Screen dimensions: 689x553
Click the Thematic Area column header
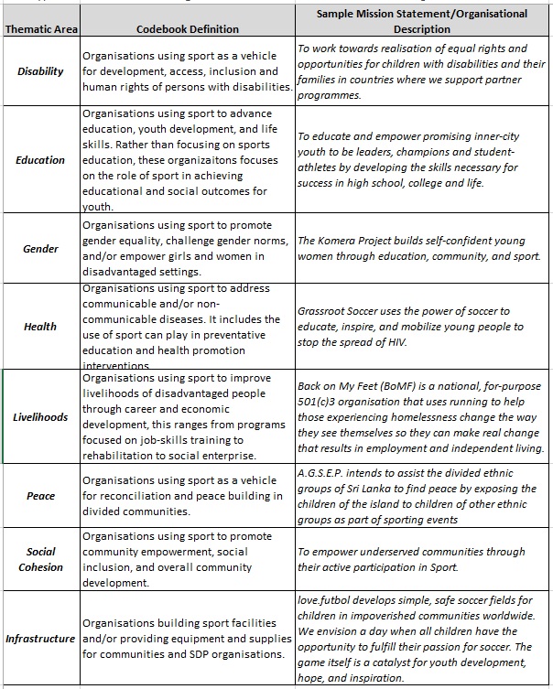[x=40, y=29]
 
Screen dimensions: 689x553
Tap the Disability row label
[x=40, y=71]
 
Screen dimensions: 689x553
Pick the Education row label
[x=40, y=160]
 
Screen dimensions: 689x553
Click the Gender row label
[x=40, y=249]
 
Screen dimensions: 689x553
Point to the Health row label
[x=40, y=326]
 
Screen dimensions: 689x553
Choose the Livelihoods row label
[x=40, y=416]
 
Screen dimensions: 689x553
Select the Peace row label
[x=40, y=496]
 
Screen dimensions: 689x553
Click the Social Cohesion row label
[x=40, y=559]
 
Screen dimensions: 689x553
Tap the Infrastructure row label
[x=40, y=638]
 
